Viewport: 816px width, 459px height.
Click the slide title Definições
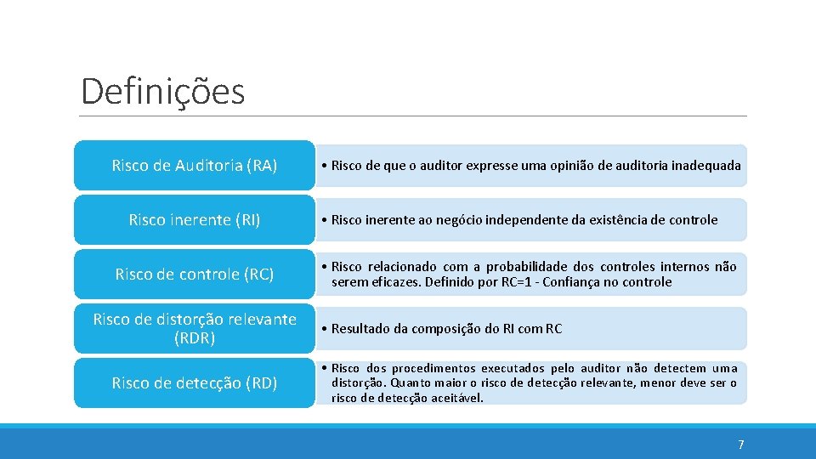point(162,91)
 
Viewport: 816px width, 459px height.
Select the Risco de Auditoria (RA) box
point(194,166)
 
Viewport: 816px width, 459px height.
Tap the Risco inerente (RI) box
point(194,220)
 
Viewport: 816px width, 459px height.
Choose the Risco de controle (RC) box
point(194,275)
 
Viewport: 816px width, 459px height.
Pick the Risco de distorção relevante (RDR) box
point(194,328)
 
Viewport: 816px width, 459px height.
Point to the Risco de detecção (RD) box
point(194,383)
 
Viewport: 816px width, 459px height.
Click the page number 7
point(740,445)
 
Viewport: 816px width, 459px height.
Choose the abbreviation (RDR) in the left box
point(194,338)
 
